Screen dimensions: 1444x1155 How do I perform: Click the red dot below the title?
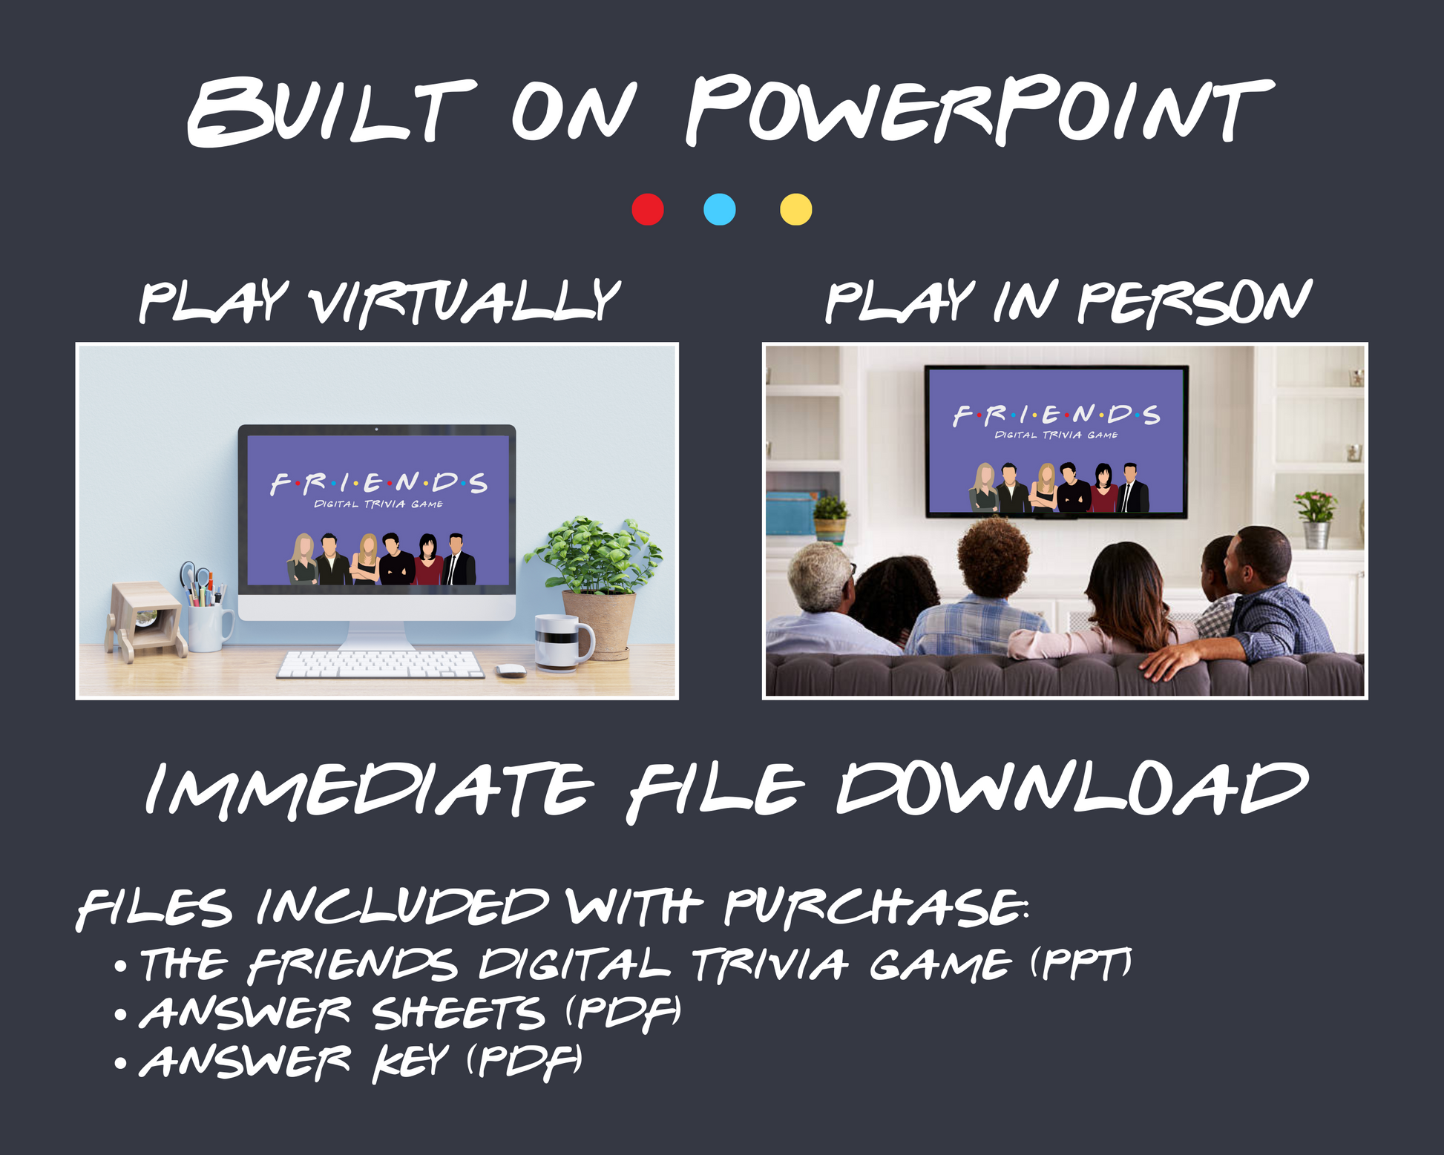point(648,209)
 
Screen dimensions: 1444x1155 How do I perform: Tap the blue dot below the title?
point(720,209)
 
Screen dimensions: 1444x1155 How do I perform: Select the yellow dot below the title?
point(796,209)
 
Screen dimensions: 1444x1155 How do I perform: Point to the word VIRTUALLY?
point(465,302)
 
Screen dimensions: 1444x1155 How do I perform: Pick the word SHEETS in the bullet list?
point(459,1013)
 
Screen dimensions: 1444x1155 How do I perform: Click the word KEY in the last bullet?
point(410,1062)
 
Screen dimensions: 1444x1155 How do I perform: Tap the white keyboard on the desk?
point(380,664)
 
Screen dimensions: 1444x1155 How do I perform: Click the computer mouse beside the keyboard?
point(511,671)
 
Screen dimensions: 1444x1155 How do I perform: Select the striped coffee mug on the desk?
point(564,642)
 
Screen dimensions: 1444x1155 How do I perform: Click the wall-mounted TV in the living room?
point(1056,442)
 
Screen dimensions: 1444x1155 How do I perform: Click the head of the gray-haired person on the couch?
point(819,576)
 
